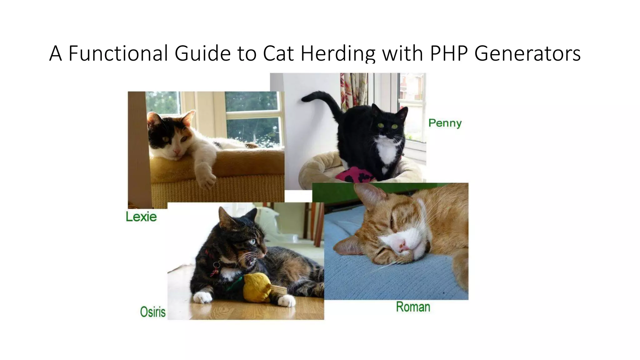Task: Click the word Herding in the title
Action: pyautogui.click(x=337, y=53)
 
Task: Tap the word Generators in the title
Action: pyautogui.click(x=527, y=53)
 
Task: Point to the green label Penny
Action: pyautogui.click(x=445, y=123)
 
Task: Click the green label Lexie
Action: pyautogui.click(x=141, y=217)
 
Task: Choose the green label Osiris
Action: pyautogui.click(x=153, y=312)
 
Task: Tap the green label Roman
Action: pyautogui.click(x=413, y=307)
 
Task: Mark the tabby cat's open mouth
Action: pyautogui.click(x=252, y=259)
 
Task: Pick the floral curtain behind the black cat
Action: pyautogui.click(x=353, y=91)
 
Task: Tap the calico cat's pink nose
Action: pyautogui.click(x=177, y=152)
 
